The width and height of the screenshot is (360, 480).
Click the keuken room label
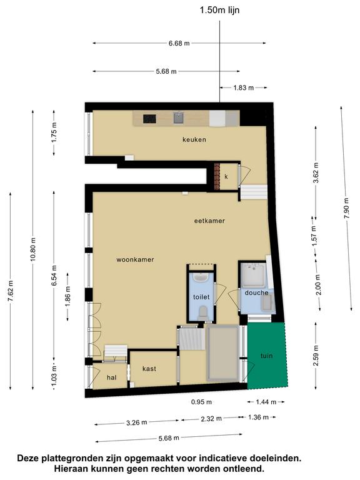pos(194,139)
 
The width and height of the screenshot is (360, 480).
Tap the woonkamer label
pos(135,259)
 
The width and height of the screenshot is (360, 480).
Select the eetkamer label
pos(209,221)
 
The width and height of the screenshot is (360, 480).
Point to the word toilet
pos(201,297)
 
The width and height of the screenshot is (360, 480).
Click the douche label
pos(256,292)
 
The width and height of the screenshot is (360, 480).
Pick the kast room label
pos(149,369)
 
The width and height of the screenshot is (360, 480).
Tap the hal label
pos(112,377)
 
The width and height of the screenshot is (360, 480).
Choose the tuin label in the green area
pos(267,356)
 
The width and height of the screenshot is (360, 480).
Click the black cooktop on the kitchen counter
pos(149,119)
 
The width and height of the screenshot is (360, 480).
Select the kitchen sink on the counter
pos(179,117)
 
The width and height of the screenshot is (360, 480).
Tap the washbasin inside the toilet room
pos(201,277)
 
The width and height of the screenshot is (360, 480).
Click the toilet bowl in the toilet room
pos(202,313)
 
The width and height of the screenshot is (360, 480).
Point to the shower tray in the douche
pos(253,275)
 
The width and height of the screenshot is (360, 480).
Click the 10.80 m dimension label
pos(33,249)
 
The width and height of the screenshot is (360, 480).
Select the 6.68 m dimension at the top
pos(179,43)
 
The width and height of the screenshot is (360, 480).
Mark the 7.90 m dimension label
pos(346,208)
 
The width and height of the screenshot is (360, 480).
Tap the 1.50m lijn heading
pos(219,10)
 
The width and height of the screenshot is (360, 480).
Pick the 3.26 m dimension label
pos(136,422)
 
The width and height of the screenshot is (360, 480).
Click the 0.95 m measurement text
pos(201,402)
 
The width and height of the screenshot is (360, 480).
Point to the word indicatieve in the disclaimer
pos(224,458)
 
